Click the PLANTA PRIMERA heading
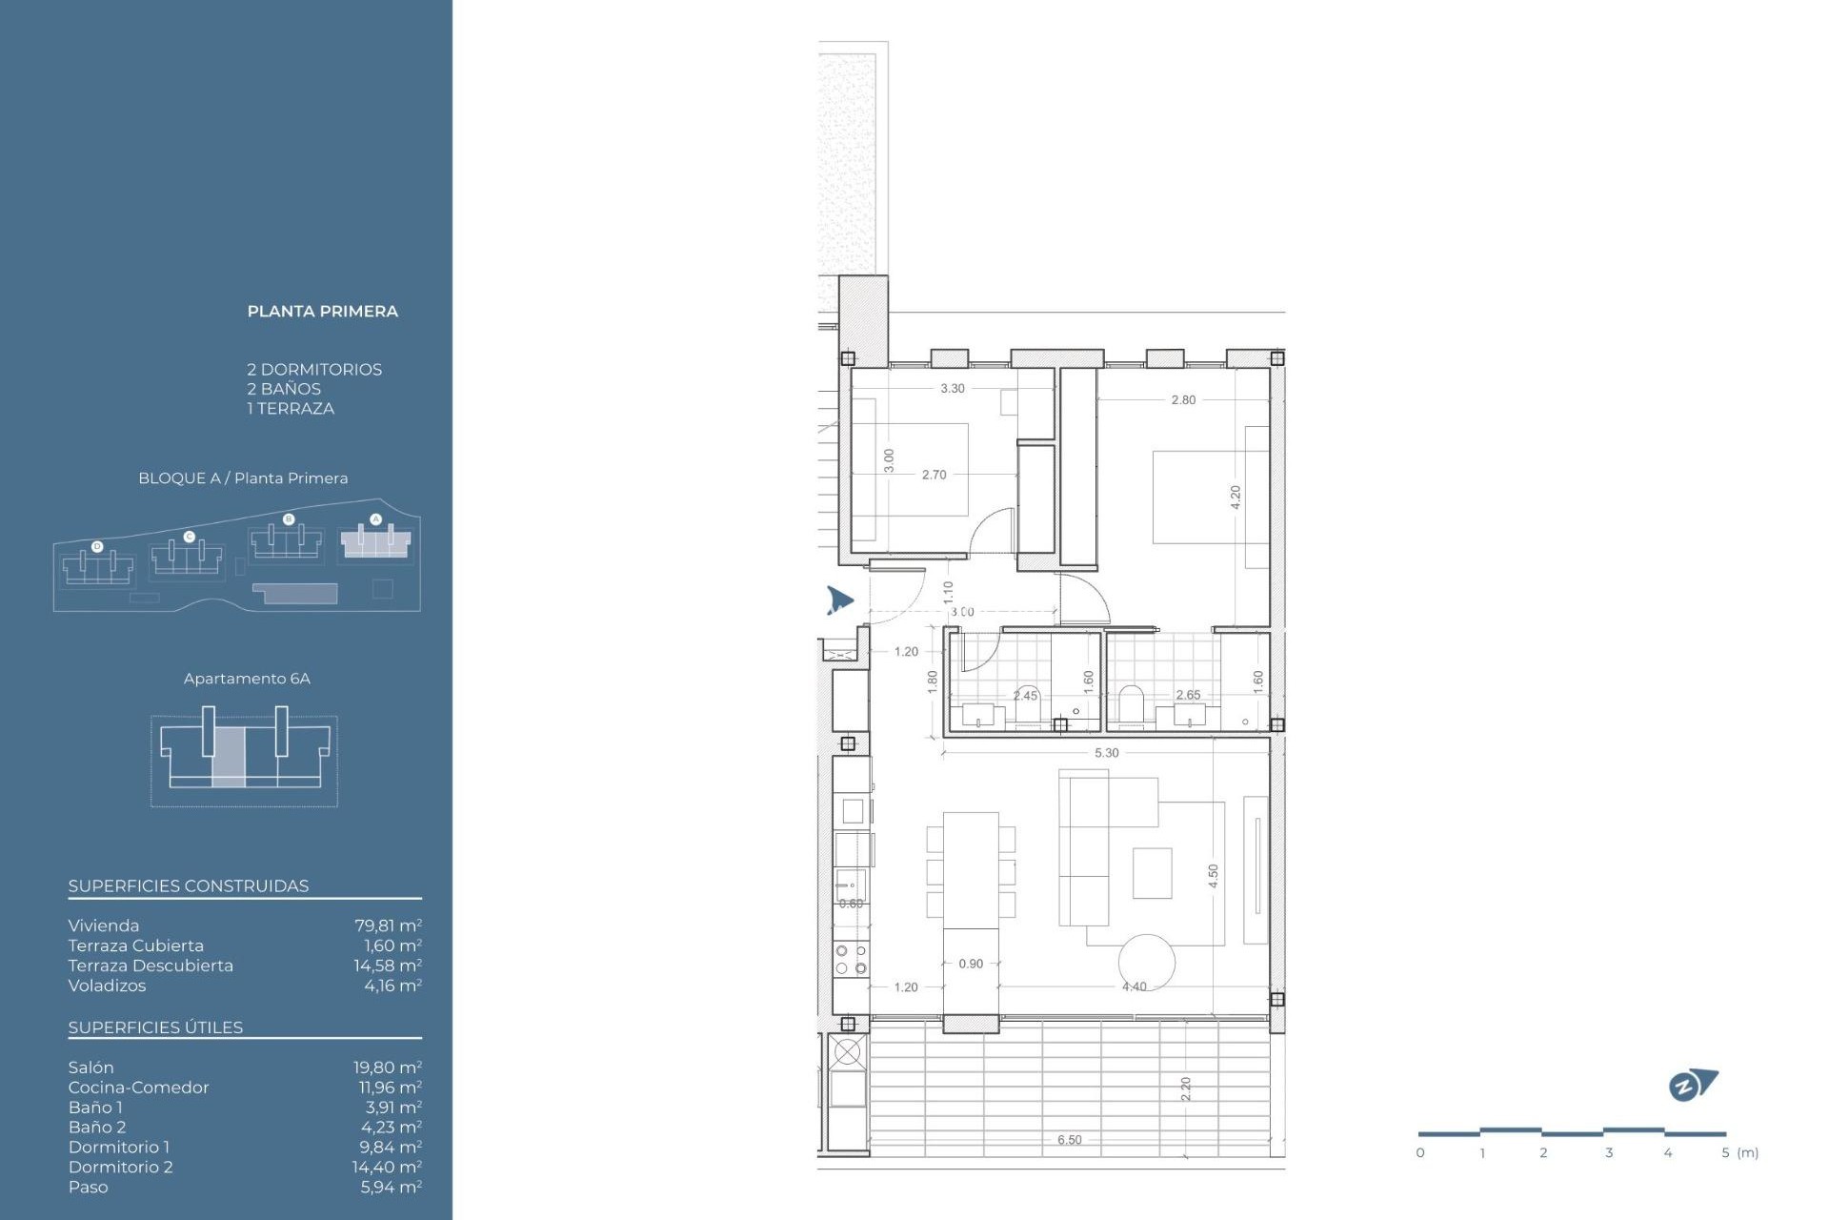[x=322, y=311]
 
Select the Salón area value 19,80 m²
[x=387, y=1067]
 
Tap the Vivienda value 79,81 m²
[x=387, y=925]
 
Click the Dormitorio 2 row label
[x=120, y=1167]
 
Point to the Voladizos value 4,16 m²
[x=392, y=986]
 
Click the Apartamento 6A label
[x=247, y=679]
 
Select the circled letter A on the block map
[x=375, y=519]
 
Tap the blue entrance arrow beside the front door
[x=838, y=600]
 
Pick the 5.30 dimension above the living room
[x=1106, y=753]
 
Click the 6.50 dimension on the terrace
[x=1069, y=1140]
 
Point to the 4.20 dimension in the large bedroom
[x=1236, y=497]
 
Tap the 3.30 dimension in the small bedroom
[x=952, y=389]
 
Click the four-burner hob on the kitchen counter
[x=851, y=959]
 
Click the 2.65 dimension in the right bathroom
[x=1188, y=695]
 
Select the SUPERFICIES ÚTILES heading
[x=155, y=1027]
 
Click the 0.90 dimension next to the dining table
[x=971, y=964]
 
